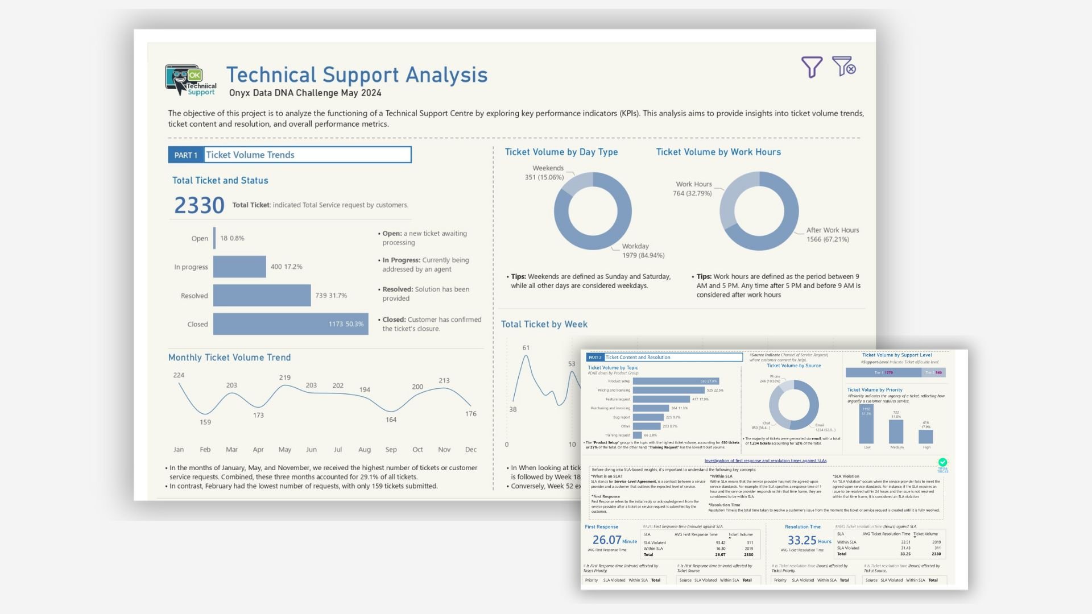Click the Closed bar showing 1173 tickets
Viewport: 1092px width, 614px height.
pyautogui.click(x=290, y=324)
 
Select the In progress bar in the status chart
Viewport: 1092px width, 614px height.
pyautogui.click(x=239, y=267)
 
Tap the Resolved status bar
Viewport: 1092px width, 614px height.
pyautogui.click(x=262, y=296)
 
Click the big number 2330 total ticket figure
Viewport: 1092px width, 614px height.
pyautogui.click(x=199, y=205)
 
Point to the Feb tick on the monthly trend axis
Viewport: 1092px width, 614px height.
pyautogui.click(x=205, y=450)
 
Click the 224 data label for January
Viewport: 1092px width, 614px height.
pyautogui.click(x=179, y=375)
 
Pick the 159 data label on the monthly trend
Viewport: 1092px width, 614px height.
pyautogui.click(x=205, y=422)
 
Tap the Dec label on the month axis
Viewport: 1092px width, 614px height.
pyautogui.click(x=471, y=450)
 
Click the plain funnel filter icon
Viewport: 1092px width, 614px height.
pyautogui.click(x=812, y=67)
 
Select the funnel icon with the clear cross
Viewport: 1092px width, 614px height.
pyautogui.click(x=843, y=67)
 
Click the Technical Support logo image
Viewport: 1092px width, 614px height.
pyautogui.click(x=191, y=80)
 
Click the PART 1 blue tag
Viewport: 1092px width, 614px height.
pyautogui.click(x=185, y=155)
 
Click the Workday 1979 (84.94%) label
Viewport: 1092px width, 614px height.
pyautogui.click(x=643, y=251)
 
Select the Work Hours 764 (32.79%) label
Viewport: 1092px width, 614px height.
pyautogui.click(x=693, y=189)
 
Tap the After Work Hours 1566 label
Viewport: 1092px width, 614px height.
pyautogui.click(x=832, y=235)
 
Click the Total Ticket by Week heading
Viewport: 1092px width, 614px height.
pyautogui.click(x=544, y=325)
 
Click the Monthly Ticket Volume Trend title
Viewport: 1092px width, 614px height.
pyautogui.click(x=229, y=358)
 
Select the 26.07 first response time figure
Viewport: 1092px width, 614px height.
pyautogui.click(x=607, y=540)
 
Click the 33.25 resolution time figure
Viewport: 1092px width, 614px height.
pyautogui.click(x=802, y=540)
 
